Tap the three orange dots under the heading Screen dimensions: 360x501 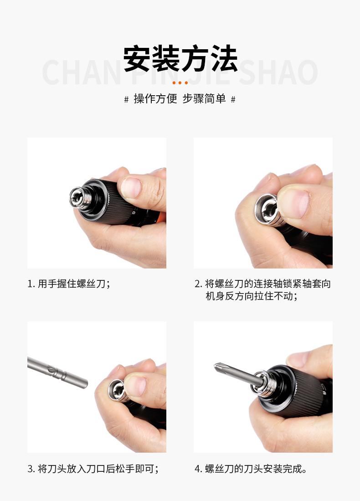(x=180, y=83)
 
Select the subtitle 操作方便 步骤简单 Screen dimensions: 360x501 (x=180, y=99)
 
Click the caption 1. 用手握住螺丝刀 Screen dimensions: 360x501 (x=69, y=284)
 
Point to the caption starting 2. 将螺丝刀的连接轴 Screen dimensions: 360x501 (x=262, y=290)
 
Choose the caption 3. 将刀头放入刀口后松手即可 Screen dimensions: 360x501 (x=93, y=469)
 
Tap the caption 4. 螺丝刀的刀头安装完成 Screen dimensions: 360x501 (x=251, y=469)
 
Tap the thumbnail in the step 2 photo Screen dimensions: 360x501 (x=294, y=203)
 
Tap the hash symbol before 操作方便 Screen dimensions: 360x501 (x=127, y=99)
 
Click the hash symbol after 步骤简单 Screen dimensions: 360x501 (x=233, y=99)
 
